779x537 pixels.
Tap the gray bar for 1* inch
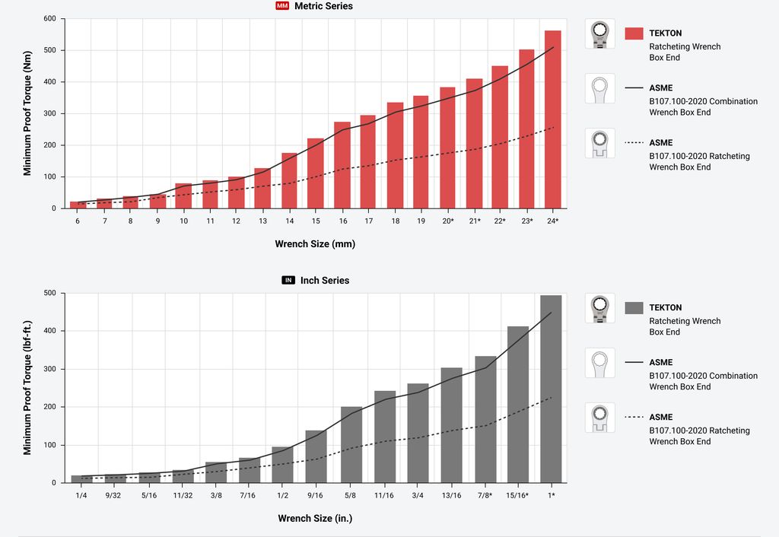click(551, 389)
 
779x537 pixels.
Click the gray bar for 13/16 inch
click(451, 425)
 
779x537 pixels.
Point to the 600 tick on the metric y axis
click(49, 18)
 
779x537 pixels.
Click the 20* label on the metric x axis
click(447, 221)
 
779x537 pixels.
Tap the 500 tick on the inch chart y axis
click(49, 293)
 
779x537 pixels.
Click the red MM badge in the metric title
click(282, 6)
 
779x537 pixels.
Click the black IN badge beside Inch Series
click(288, 281)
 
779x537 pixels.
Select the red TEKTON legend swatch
click(634, 33)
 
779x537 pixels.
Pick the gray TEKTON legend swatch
click(634, 308)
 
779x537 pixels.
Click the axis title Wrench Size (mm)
click(315, 244)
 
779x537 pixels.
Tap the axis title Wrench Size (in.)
click(314, 519)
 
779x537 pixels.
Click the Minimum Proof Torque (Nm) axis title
click(27, 113)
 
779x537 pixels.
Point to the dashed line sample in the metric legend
click(634, 143)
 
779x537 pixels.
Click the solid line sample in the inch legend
click(634, 363)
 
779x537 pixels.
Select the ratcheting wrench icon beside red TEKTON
click(599, 34)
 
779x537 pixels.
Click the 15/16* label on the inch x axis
click(517, 495)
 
